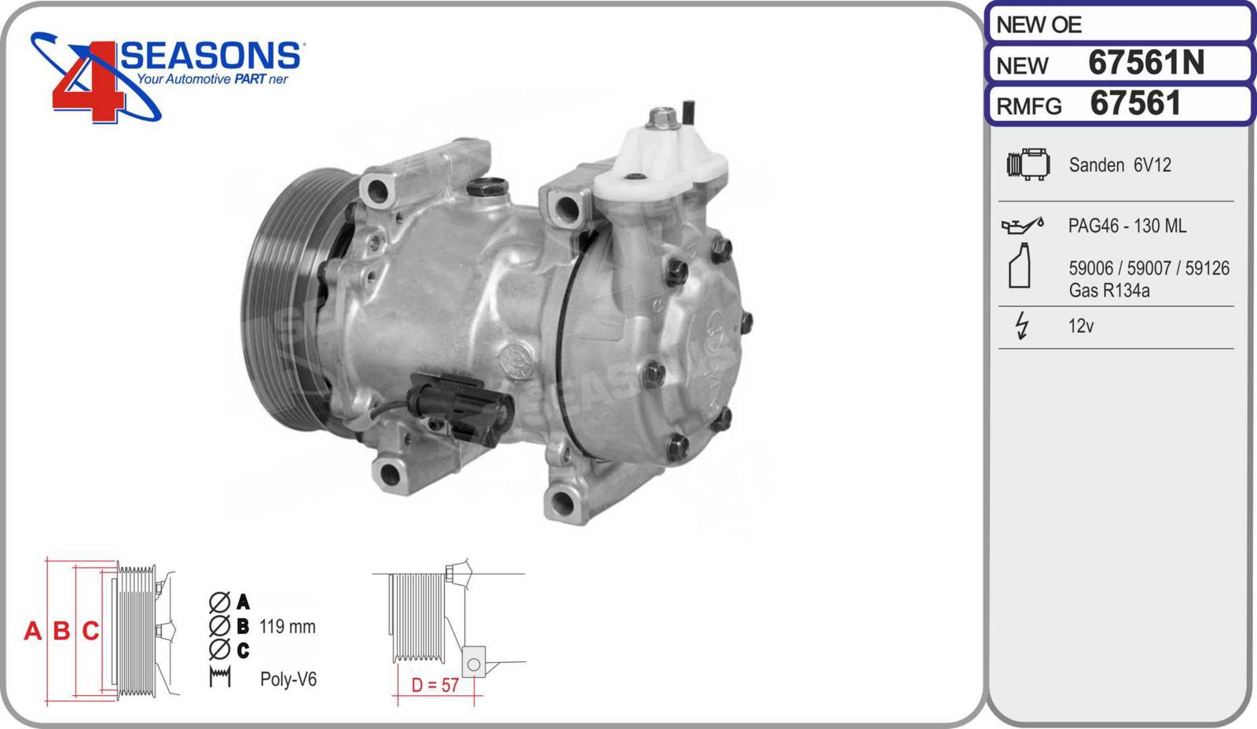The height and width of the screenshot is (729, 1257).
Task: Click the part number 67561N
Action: coord(1146,62)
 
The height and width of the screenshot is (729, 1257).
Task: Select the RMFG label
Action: coord(1029,106)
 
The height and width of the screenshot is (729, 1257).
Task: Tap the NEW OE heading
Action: coord(1039,24)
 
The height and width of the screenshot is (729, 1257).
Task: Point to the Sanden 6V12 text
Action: coord(1120,165)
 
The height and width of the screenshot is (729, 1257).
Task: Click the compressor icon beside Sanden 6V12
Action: coord(1028,164)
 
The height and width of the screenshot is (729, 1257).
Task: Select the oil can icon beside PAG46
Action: coord(1022,225)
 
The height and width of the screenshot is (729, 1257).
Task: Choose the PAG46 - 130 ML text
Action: coord(1127,226)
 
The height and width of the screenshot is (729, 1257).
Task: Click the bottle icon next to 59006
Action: coord(1020,266)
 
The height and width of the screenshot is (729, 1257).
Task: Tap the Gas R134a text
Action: coord(1109,290)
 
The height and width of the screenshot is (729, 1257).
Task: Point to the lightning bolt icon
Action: coord(1022,326)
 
